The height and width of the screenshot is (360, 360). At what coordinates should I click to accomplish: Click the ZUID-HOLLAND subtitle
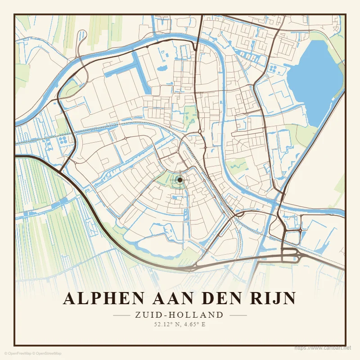click(x=179, y=315)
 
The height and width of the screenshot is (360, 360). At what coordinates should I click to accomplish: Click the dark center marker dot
click(x=180, y=180)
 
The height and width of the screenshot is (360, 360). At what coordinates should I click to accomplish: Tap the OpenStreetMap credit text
click(x=47, y=354)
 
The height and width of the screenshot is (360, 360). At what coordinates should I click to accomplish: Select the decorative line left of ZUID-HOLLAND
click(x=121, y=315)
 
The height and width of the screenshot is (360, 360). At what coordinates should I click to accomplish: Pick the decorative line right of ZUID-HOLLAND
click(x=238, y=315)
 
